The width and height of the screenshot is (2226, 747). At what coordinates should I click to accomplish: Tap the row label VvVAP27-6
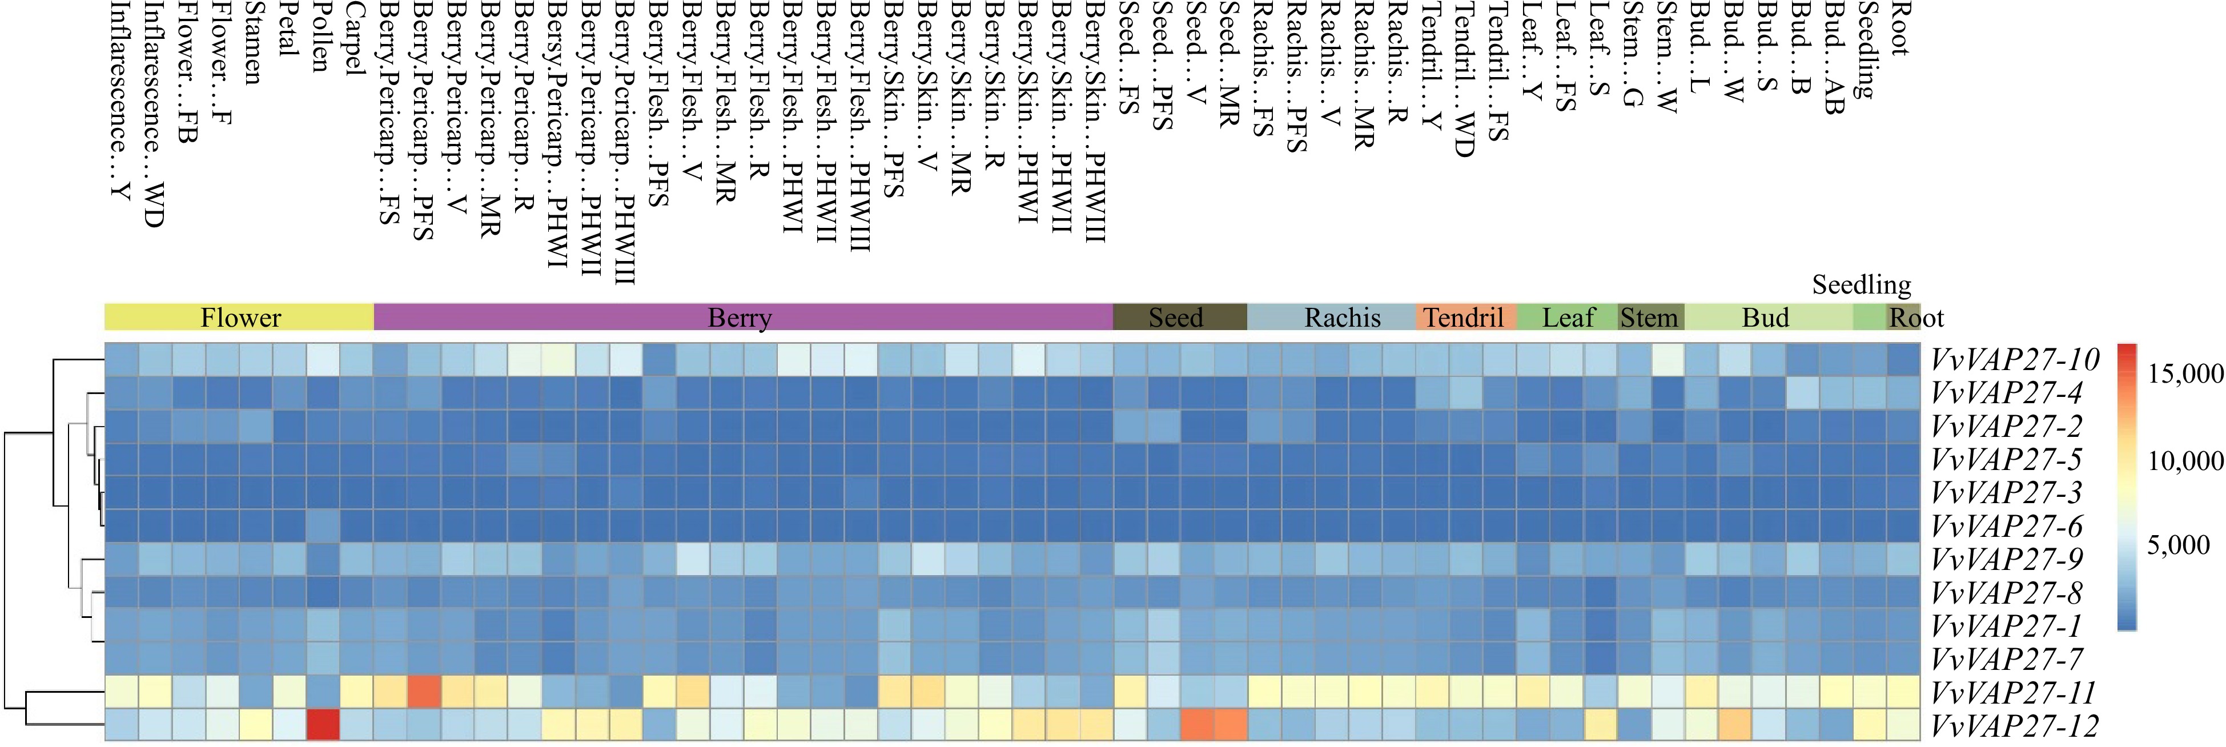(2007, 525)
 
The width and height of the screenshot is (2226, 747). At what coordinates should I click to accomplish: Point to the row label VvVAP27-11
(2014, 693)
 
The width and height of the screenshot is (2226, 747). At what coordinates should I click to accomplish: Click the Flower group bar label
(240, 318)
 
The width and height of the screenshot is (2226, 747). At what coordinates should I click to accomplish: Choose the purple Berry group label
(740, 318)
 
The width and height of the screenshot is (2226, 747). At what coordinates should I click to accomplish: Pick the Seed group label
(1175, 318)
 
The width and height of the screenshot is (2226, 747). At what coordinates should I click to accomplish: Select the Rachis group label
(1342, 318)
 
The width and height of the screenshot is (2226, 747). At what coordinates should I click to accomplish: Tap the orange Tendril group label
(1464, 318)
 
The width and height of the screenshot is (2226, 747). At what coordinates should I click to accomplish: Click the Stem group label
(1649, 318)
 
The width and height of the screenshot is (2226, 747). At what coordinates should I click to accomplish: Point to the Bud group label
(1765, 318)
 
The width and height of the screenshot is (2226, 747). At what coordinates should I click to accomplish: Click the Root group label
(1916, 318)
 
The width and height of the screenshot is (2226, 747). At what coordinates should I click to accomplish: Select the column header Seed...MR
(1229, 65)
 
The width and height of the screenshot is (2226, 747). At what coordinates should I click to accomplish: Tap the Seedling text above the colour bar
(1861, 284)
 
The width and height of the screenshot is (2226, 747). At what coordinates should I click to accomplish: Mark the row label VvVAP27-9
(2007, 559)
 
